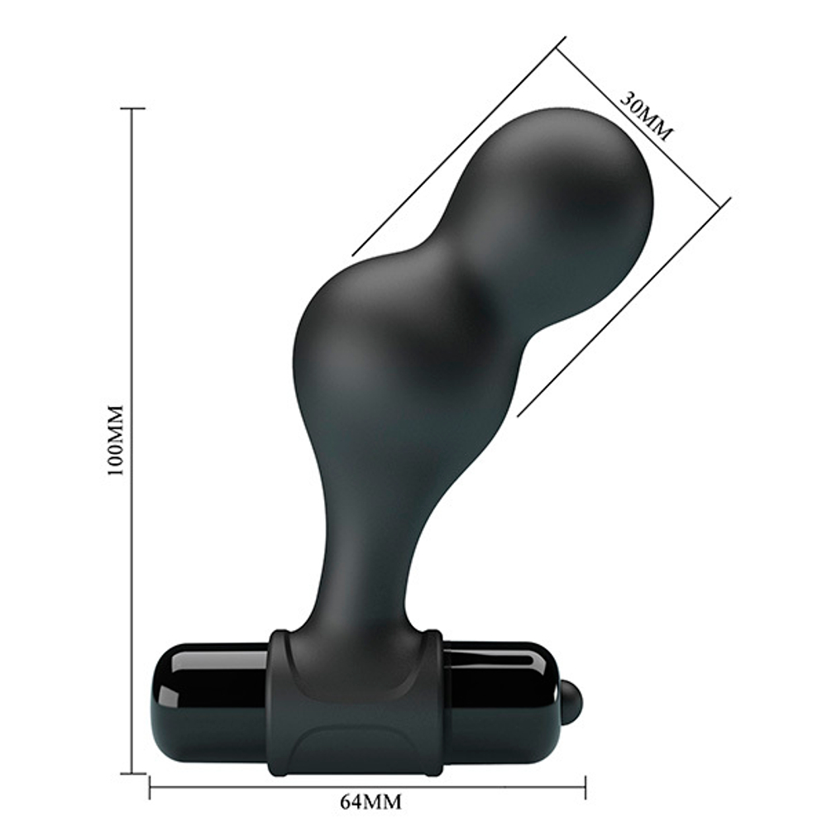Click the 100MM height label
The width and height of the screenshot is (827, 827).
point(115,440)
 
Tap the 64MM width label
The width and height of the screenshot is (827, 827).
point(366,801)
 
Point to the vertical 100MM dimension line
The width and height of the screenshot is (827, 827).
point(132,496)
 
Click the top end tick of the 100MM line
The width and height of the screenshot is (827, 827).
point(132,108)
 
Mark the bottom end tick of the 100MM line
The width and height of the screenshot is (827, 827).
point(132,773)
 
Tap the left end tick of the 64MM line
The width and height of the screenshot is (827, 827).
point(150,786)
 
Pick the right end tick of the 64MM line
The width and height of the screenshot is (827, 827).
point(586,786)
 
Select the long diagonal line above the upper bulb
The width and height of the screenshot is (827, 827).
point(459,146)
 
